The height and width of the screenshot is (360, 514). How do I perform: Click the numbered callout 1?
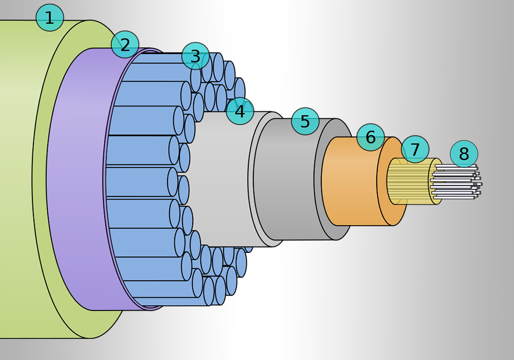(49, 18)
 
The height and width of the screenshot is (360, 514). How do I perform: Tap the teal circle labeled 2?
(125, 45)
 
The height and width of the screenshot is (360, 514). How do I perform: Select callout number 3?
(195, 56)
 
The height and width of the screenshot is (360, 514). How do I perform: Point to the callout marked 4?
(240, 111)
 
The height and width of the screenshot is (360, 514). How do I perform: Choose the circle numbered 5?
(305, 121)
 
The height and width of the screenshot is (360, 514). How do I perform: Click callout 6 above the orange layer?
(371, 137)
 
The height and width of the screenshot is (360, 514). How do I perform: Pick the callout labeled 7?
(415, 150)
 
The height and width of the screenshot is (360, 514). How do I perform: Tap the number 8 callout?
(464, 154)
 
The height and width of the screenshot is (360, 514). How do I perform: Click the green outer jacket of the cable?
(15, 180)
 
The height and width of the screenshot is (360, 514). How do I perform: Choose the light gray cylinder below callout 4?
(221, 180)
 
